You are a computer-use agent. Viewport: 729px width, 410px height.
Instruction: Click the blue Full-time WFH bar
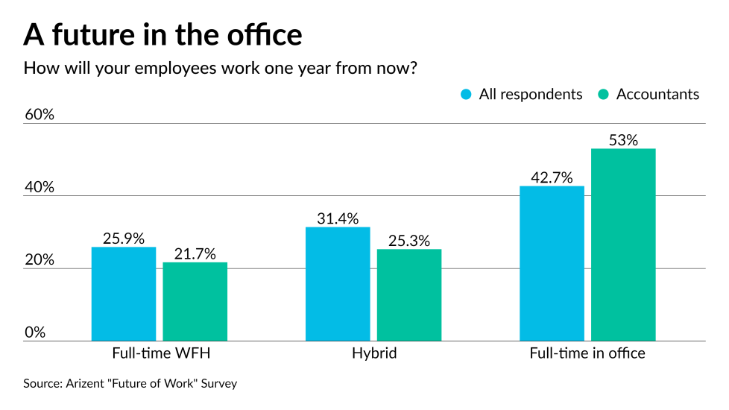[x=124, y=294]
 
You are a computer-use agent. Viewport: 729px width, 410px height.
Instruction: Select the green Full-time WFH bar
[x=195, y=301]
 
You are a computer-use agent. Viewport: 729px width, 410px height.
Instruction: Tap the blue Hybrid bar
[x=338, y=283]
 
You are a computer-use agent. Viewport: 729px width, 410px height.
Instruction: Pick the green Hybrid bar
[x=408, y=294]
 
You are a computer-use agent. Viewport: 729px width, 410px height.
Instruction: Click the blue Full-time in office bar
[x=552, y=263]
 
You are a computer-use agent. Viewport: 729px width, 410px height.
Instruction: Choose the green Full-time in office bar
[x=623, y=245]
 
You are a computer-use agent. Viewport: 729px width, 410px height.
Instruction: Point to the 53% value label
[x=623, y=140]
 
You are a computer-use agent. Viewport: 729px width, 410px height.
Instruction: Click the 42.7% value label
[x=552, y=177]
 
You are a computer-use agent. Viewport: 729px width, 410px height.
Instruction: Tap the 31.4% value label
[x=337, y=218]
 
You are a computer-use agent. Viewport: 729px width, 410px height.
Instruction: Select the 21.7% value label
[x=195, y=254]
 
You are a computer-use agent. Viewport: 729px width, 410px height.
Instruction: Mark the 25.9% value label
[x=124, y=239]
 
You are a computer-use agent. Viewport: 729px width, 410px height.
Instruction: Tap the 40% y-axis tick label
[x=40, y=188]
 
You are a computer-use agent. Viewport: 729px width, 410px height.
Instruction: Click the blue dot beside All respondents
[x=467, y=95]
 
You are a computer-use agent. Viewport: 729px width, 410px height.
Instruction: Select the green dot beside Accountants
[x=604, y=95]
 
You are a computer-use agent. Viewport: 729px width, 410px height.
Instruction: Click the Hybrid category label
[x=374, y=353]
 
